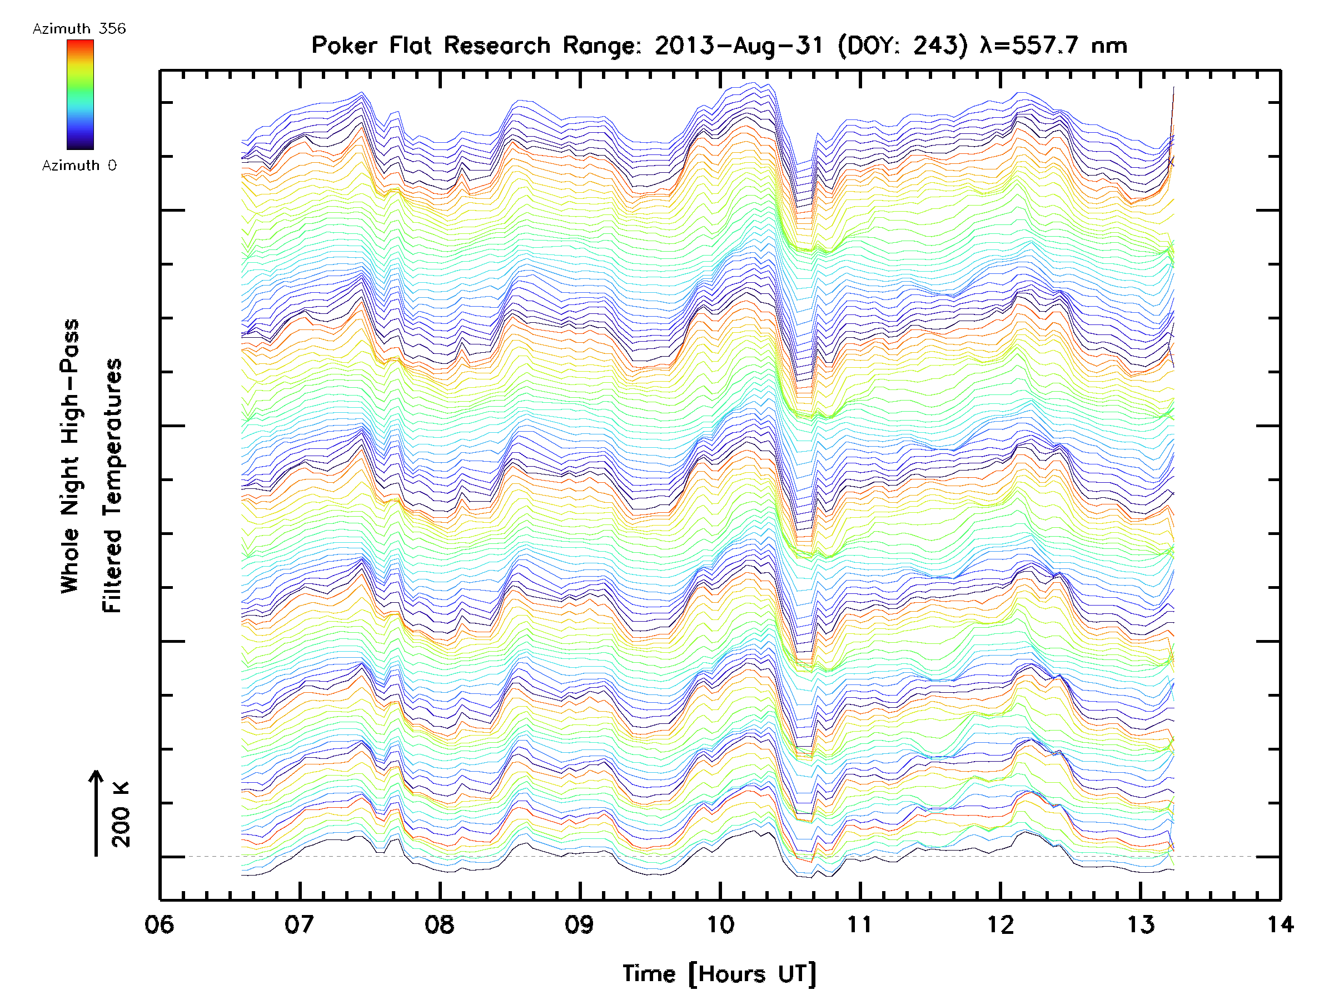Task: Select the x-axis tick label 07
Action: (x=299, y=924)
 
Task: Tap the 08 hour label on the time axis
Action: (x=440, y=924)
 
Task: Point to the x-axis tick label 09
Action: (x=580, y=924)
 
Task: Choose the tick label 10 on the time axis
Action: (x=720, y=924)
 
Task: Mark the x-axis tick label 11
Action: (x=860, y=924)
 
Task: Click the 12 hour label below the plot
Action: (x=1000, y=924)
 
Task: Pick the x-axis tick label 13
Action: (x=1141, y=924)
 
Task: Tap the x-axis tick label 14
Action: (x=1280, y=924)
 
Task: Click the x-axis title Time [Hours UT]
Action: (x=719, y=974)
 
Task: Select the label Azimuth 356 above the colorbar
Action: (x=79, y=29)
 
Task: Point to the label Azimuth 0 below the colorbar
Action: (x=79, y=165)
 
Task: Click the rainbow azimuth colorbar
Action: (x=80, y=94)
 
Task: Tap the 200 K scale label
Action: (x=121, y=814)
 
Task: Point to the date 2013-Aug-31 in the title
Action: (x=739, y=45)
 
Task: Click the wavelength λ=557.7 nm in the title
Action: (x=1053, y=45)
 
